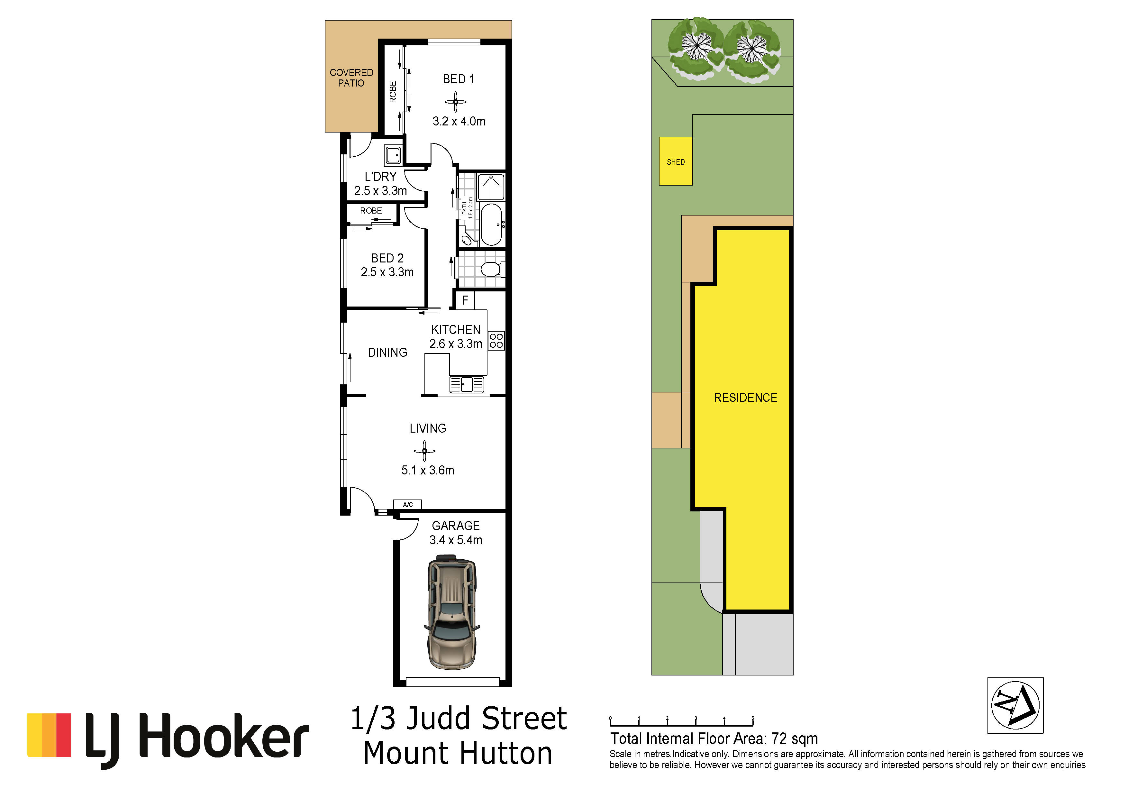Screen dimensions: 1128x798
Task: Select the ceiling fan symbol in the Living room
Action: coord(424,451)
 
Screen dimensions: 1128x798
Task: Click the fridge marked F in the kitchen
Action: coord(465,300)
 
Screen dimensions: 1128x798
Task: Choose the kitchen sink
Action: coord(467,384)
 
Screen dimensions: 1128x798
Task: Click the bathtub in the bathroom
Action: coord(491,225)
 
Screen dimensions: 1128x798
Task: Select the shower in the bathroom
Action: coord(491,187)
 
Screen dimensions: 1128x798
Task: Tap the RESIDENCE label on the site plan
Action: coord(745,398)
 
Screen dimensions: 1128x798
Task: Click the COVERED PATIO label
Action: coord(351,78)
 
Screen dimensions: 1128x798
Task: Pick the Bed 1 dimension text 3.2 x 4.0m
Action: coord(459,121)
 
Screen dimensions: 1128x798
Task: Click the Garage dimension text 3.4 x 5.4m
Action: coord(456,540)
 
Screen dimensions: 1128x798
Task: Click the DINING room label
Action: coord(387,352)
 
